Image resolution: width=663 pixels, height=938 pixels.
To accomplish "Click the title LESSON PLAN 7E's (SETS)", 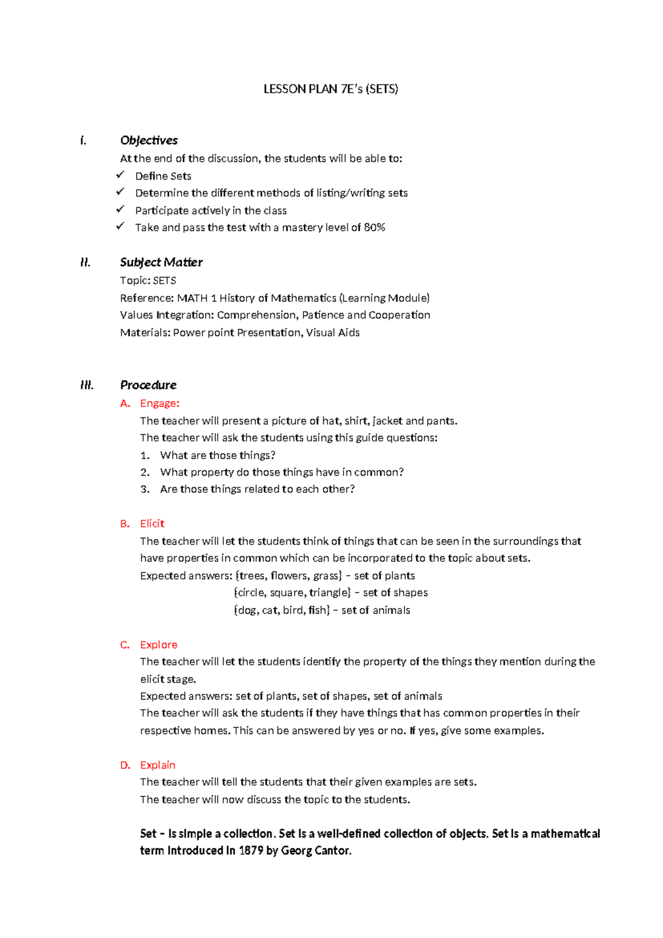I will [330, 89].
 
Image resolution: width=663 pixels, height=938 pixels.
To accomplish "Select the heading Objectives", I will [149, 140].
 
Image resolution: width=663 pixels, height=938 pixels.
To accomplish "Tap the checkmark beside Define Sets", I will [120, 175].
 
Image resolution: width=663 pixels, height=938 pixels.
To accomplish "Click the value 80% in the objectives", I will [375, 227].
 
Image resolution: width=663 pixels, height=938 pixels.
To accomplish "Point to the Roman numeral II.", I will [85, 262].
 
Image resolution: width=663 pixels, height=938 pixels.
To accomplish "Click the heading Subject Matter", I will [161, 262].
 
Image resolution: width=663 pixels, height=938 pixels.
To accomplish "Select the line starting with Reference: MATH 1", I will [275, 298].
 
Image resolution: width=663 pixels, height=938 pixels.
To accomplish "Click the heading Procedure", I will [148, 385].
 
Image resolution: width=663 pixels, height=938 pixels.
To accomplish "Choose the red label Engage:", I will [160, 403].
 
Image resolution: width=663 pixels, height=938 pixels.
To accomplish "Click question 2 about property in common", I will [282, 472].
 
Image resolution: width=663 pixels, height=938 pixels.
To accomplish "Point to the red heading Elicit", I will [152, 523].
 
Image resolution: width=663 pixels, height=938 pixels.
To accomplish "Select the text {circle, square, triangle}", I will [292, 593].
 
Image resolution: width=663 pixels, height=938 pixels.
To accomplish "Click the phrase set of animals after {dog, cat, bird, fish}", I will [376, 610].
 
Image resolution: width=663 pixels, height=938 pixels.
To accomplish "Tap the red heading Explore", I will [159, 644].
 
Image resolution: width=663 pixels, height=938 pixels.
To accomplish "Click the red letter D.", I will [125, 765].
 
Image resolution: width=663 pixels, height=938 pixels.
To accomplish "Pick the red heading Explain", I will [157, 765].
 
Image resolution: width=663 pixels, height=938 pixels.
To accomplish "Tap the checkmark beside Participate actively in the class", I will [120, 210].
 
